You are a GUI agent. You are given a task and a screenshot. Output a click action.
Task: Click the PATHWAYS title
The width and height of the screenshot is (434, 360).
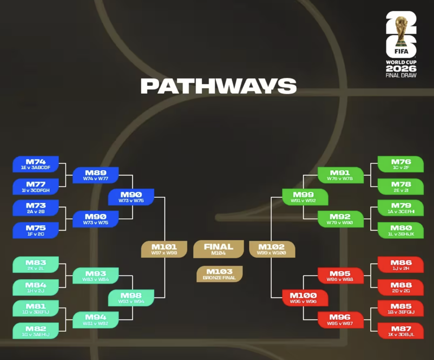[218, 86]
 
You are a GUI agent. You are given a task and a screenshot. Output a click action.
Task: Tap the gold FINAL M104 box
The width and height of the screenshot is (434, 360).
[218, 249]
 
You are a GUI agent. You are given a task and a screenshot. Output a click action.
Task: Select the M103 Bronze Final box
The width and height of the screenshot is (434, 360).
[219, 274]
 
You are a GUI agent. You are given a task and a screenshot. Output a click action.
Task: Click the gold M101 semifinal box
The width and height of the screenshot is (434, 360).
[164, 249]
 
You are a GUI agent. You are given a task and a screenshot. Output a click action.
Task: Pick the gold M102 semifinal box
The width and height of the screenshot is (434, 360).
[272, 249]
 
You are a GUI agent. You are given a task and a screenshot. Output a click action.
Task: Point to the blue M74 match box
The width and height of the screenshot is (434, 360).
[36, 164]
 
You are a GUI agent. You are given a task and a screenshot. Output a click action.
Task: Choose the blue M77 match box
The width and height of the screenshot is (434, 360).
[36, 186]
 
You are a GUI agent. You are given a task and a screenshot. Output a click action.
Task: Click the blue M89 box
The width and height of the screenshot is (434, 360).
[96, 175]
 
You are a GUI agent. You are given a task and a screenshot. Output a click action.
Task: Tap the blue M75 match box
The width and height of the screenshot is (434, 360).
[36, 230]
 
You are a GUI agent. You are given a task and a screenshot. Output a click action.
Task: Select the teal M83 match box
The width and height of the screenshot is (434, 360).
[36, 264]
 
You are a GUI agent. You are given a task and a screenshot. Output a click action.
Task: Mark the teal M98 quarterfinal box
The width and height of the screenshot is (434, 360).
[131, 298]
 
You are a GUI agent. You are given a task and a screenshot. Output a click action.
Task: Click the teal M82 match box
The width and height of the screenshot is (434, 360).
[36, 331]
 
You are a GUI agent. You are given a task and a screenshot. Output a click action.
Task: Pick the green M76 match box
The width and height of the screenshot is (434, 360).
[401, 164]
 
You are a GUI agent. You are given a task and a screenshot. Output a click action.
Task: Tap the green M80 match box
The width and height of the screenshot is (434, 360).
[401, 230]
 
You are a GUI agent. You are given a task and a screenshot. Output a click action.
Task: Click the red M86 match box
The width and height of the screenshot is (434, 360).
[401, 264]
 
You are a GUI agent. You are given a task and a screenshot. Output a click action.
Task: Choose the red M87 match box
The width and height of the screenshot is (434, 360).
[401, 331]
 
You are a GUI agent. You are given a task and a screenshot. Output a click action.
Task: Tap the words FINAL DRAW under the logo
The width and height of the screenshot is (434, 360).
[401, 75]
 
